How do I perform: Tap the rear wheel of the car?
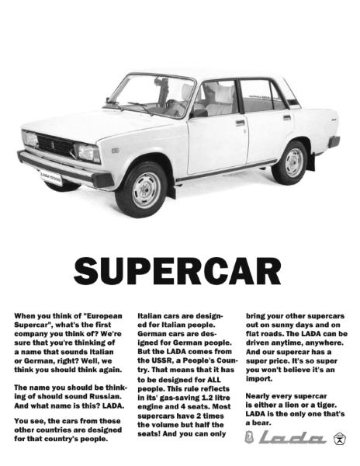294,162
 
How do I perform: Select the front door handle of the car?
240,122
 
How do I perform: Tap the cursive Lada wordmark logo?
290,440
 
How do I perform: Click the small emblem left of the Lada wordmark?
249,440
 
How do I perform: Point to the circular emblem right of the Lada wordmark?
339,440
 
